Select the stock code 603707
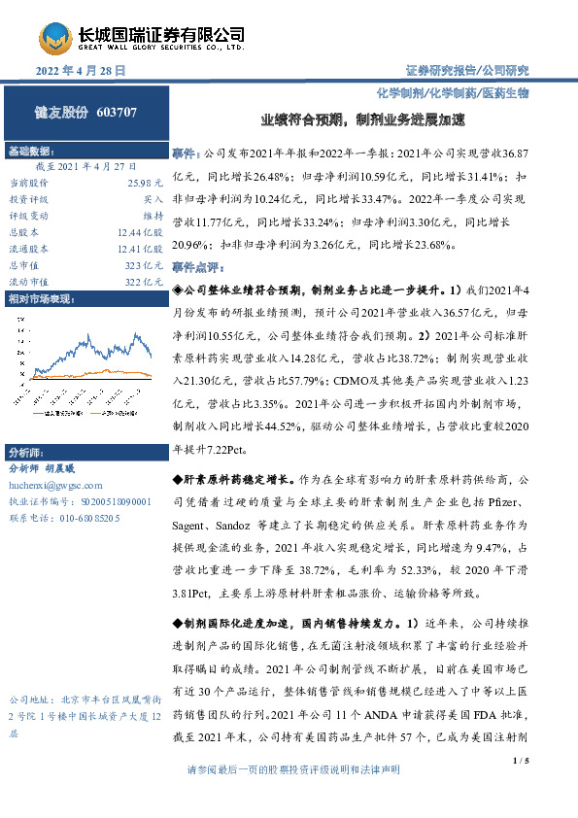(x=118, y=112)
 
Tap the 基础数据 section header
(x=30, y=153)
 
